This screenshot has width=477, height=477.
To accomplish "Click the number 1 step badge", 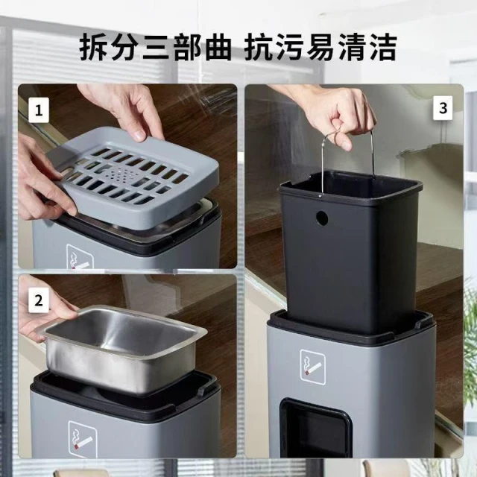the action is pyautogui.click(x=39, y=110).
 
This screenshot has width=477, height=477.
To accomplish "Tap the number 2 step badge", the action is pyautogui.click(x=39, y=300).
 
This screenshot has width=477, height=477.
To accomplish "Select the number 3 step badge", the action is pyautogui.click(x=443, y=108).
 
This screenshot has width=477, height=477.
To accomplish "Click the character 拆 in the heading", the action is pyautogui.click(x=92, y=48).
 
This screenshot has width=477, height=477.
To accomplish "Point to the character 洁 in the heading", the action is pyautogui.click(x=382, y=48).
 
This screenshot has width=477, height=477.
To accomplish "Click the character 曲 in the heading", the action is pyautogui.click(x=218, y=48).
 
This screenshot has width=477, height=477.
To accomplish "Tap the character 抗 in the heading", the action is pyautogui.click(x=258, y=48).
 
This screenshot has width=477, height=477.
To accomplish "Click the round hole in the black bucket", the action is pyautogui.click(x=321, y=218).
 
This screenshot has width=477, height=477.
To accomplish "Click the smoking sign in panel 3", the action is pyautogui.click(x=312, y=367).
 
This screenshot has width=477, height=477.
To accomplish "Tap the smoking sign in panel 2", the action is pyautogui.click(x=83, y=439).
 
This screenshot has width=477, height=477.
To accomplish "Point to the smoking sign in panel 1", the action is pyautogui.click(x=80, y=257).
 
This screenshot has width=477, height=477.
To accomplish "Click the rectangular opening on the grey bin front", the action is pyautogui.click(x=316, y=428).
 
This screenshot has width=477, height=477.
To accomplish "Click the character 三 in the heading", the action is pyautogui.click(x=155, y=48).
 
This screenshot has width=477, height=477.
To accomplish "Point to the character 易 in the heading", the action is pyautogui.click(x=320, y=48).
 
